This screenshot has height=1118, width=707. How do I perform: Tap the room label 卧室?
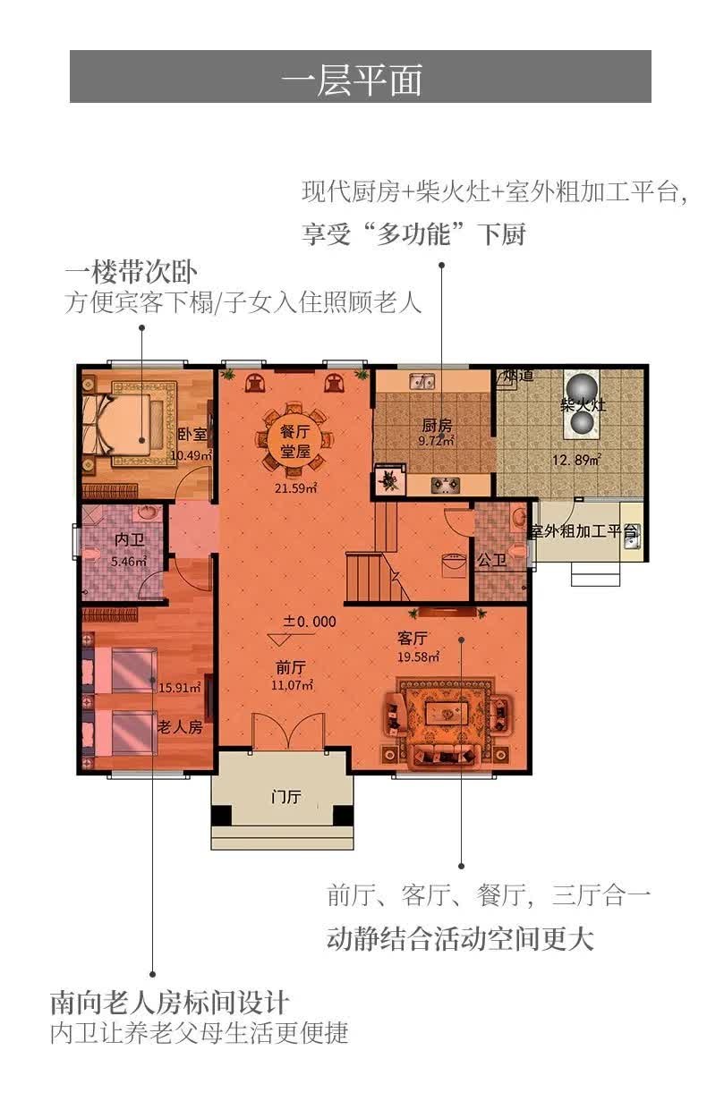(192, 435)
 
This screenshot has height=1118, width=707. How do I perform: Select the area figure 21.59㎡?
(295, 488)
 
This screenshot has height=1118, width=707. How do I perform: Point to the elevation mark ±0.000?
(310, 621)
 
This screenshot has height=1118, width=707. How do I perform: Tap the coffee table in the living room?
(445, 713)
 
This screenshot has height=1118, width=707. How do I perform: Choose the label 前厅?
(292, 666)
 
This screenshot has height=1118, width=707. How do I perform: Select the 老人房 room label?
(180, 727)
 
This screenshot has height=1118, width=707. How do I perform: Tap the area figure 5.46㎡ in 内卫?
(127, 563)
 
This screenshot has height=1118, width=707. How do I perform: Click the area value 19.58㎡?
(418, 657)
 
